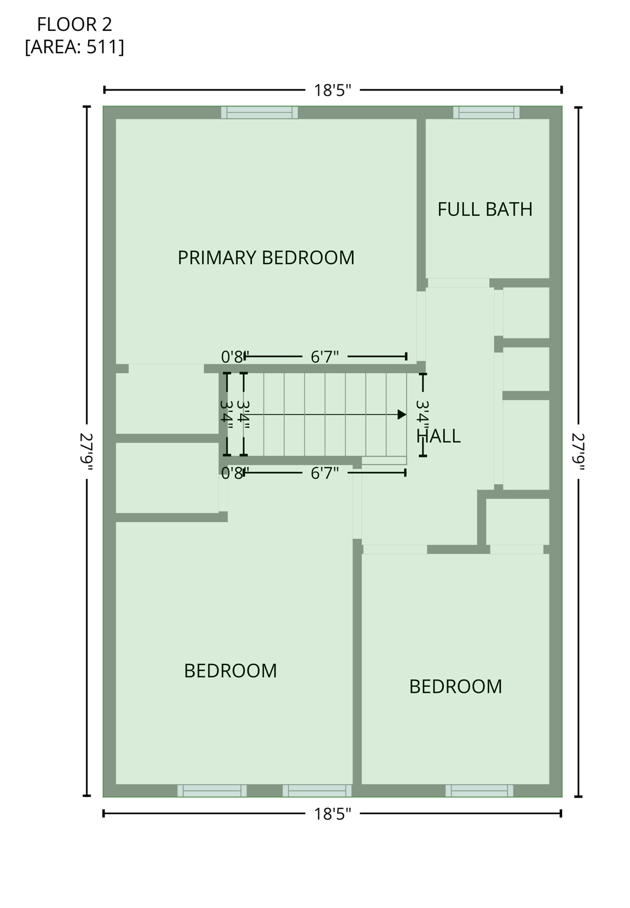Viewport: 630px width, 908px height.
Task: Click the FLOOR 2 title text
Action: pos(75,24)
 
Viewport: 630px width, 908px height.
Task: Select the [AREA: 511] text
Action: pos(75,47)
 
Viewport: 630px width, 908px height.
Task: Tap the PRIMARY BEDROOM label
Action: pos(266,258)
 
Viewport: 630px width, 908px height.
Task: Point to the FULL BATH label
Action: pos(484,209)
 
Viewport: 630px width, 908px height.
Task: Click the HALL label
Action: pos(439,436)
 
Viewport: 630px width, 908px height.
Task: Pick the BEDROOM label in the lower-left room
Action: pos(230,671)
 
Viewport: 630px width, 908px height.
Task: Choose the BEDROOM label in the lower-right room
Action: pos(455,686)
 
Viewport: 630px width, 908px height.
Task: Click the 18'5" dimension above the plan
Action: pos(332,90)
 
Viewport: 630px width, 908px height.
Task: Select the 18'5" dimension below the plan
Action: pos(332,814)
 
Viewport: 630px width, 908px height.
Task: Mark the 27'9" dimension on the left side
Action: pos(87,452)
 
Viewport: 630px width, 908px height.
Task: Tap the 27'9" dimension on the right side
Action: pos(578,452)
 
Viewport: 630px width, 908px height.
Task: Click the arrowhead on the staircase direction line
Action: pos(402,415)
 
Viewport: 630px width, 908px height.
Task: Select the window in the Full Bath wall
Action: pos(486,112)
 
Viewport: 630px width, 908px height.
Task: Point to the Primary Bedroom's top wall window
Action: pos(259,112)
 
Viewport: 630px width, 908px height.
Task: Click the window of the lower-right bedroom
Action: pos(479,790)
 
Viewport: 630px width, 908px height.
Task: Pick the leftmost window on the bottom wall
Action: pos(212,790)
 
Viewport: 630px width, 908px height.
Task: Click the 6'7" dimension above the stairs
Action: pos(325,357)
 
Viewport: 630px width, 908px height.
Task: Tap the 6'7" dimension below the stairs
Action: pos(325,473)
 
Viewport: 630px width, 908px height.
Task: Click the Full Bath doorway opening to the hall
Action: pos(458,283)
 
